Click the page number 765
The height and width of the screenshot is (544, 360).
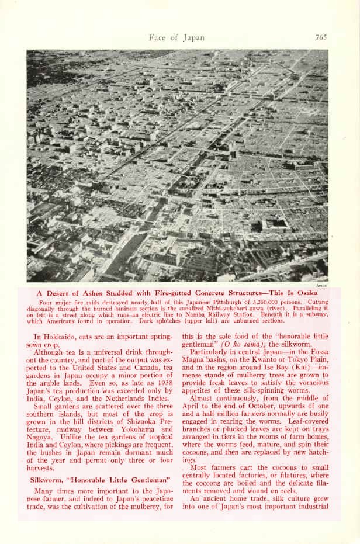[x=321, y=38]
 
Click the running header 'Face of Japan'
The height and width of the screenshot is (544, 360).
[x=176, y=38]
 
